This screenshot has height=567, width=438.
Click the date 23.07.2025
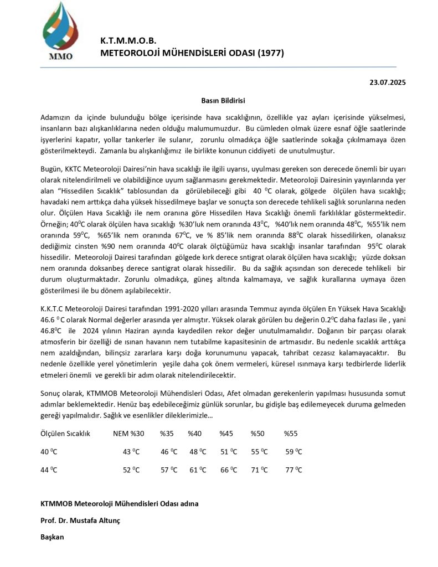point(388,83)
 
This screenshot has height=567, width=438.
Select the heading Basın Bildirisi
point(223,101)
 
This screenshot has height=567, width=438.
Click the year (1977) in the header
point(271,53)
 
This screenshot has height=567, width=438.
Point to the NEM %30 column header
point(128,433)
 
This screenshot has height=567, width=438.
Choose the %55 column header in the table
point(291,433)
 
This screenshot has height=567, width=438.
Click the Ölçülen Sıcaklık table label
point(65,433)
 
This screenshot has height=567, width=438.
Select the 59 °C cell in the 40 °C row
point(293,451)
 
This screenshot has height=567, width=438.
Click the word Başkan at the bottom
point(53,537)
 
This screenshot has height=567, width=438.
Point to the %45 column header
point(226,433)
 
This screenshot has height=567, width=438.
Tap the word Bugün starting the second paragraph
point(51,167)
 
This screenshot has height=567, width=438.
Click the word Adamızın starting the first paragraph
point(57,118)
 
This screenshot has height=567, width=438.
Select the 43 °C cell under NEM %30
point(131,451)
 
